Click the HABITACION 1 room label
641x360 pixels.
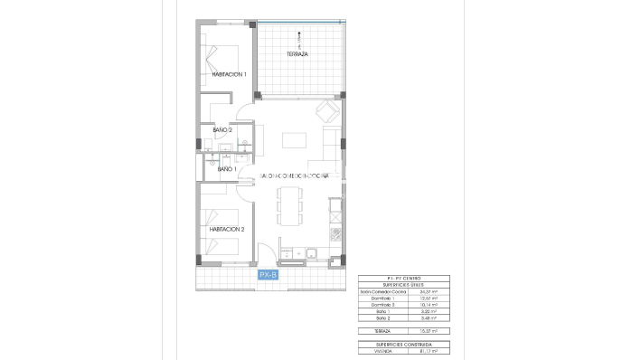point(229,75)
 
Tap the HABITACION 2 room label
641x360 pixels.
point(229,230)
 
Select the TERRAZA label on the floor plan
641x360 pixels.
point(298,54)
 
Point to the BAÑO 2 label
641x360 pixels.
point(223,130)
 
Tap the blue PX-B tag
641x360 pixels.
point(269,274)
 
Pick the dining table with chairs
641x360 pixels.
point(289,207)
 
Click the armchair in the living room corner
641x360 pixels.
point(327,113)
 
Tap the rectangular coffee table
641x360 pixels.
point(295,140)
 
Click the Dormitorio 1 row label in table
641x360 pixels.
point(379,298)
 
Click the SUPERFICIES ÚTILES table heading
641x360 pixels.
point(403,284)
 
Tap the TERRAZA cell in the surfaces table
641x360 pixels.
point(373,332)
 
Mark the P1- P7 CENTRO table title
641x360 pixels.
point(403,278)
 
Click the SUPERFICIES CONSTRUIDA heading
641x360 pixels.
point(403,345)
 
